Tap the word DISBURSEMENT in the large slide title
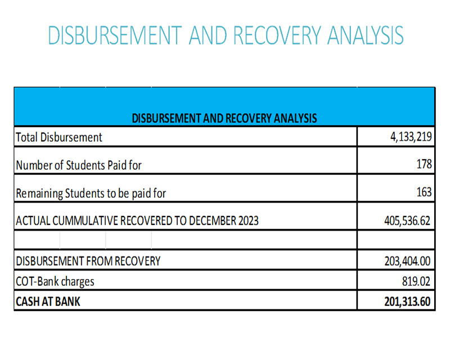tap(115, 35)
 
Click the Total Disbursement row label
tap(59, 137)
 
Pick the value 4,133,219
tap(411, 137)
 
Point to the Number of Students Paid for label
tap(79, 165)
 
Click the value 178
tap(424, 164)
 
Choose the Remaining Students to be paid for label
tap(91, 193)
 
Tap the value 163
tap(424, 192)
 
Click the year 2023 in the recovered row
tap(249, 220)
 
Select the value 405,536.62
tap(407, 220)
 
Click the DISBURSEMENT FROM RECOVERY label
tap(88, 261)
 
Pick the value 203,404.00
tap(407, 261)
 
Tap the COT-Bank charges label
tap(55, 282)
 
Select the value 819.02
tap(416, 281)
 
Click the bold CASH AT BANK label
tap(48, 301)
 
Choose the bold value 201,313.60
tap(407, 301)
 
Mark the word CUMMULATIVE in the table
tap(85, 220)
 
